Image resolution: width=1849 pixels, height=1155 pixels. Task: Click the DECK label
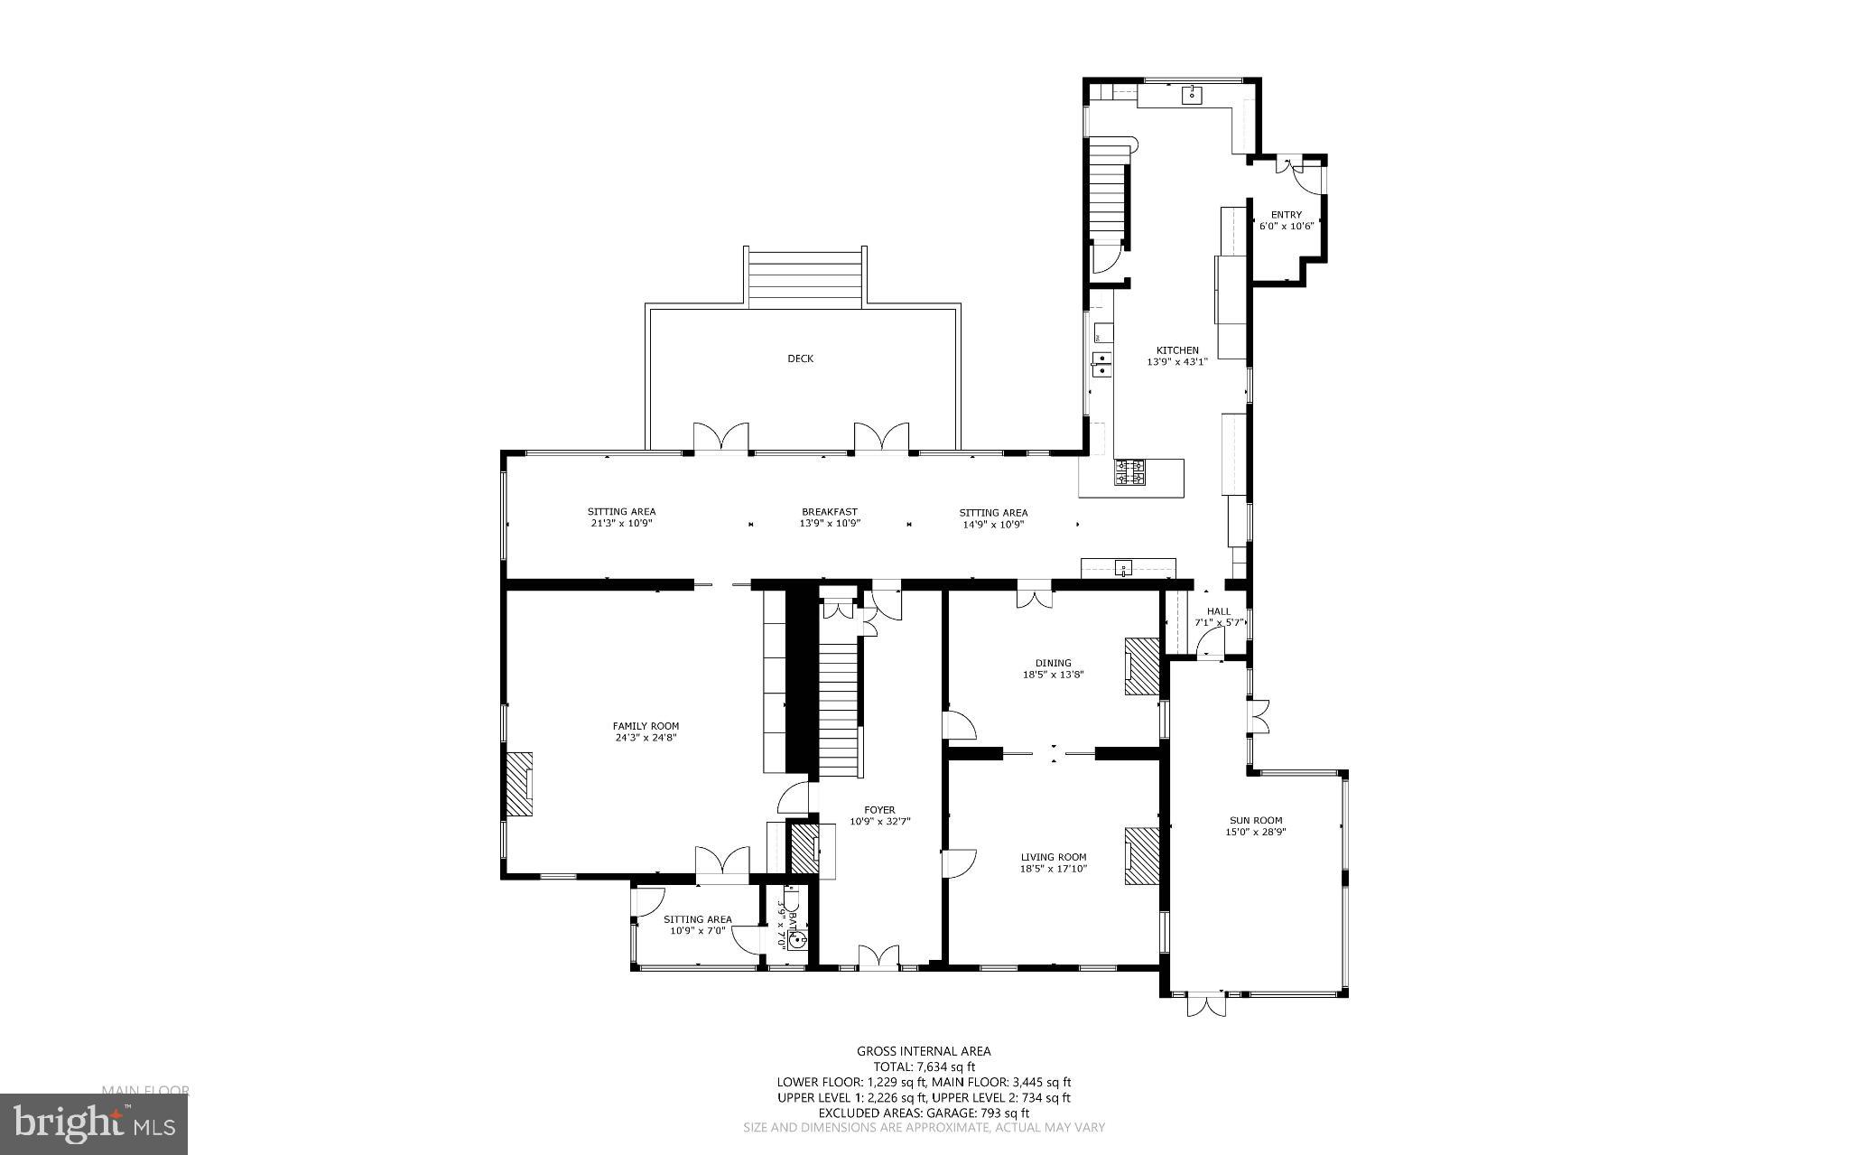point(800,359)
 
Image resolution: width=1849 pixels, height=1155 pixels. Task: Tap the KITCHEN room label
point(1177,350)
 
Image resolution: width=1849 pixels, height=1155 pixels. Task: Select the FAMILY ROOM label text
point(646,726)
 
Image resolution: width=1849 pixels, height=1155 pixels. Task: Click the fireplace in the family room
point(519,785)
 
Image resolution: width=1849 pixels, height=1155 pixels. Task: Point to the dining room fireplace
point(1141,666)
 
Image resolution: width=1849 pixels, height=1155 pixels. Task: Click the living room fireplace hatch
point(1141,856)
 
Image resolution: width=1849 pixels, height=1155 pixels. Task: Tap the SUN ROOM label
point(1255,821)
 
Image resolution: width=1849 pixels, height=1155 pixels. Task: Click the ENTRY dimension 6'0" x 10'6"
point(1286,226)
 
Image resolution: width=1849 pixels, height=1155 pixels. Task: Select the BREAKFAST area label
point(829,512)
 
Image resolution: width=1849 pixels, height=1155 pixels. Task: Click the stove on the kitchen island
point(1129,472)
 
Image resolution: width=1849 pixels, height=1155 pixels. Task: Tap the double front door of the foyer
point(878,958)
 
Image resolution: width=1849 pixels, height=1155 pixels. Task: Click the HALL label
point(1218,611)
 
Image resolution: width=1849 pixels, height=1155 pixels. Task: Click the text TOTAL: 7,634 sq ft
point(924,1067)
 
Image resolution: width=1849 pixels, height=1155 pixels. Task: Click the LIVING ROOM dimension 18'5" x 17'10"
point(1054,869)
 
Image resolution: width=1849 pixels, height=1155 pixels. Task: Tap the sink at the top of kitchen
point(1193,94)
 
